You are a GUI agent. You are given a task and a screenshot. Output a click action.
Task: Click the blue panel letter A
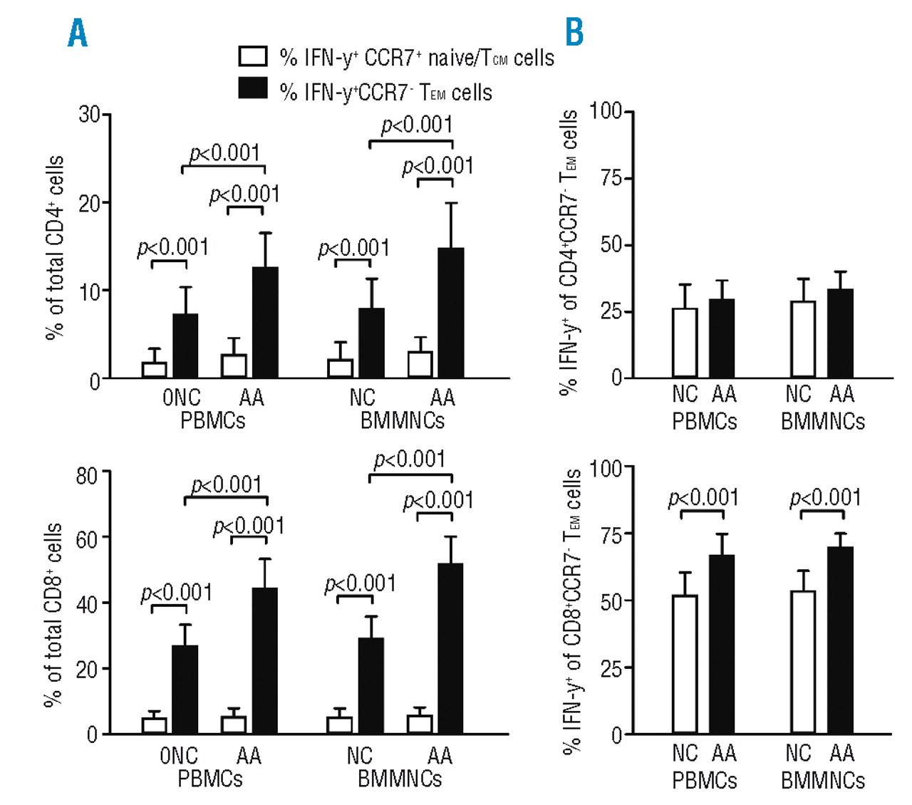coord(78,33)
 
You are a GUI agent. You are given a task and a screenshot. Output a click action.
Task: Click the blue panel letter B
coord(574,32)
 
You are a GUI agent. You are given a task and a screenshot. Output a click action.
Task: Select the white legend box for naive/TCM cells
coord(253,56)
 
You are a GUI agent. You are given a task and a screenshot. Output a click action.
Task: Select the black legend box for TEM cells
coord(253,88)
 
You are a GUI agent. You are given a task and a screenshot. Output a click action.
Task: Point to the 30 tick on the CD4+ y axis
coord(90,114)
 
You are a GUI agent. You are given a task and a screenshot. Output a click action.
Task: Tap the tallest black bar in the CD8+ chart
coord(450,648)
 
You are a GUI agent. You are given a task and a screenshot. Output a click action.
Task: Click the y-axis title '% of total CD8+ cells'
coord(53,614)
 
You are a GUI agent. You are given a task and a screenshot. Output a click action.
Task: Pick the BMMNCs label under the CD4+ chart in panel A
coord(402,421)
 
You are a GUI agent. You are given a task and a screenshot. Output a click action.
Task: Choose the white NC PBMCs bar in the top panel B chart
coord(685,343)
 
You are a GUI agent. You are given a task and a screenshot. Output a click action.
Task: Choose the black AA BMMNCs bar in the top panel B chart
coord(841,333)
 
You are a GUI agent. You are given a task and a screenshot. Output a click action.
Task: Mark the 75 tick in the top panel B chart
coord(611,178)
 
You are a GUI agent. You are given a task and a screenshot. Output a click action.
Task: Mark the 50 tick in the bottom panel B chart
coord(611,601)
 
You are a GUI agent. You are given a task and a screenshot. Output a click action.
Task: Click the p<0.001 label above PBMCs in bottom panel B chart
coord(703,497)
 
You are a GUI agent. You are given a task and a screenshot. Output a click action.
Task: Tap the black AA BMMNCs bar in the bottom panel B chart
coord(840,640)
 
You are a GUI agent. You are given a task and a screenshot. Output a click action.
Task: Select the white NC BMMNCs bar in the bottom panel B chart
coord(803,663)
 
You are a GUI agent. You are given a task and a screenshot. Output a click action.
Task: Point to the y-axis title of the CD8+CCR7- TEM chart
coord(572,611)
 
